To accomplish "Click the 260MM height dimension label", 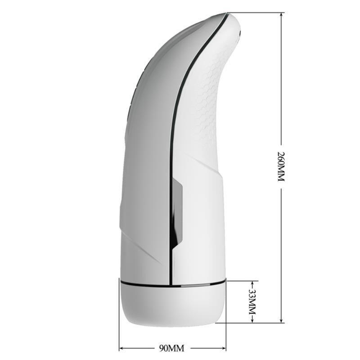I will point(281,166).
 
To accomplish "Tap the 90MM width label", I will point(172,348).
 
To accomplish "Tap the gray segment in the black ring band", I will point(189,285).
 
